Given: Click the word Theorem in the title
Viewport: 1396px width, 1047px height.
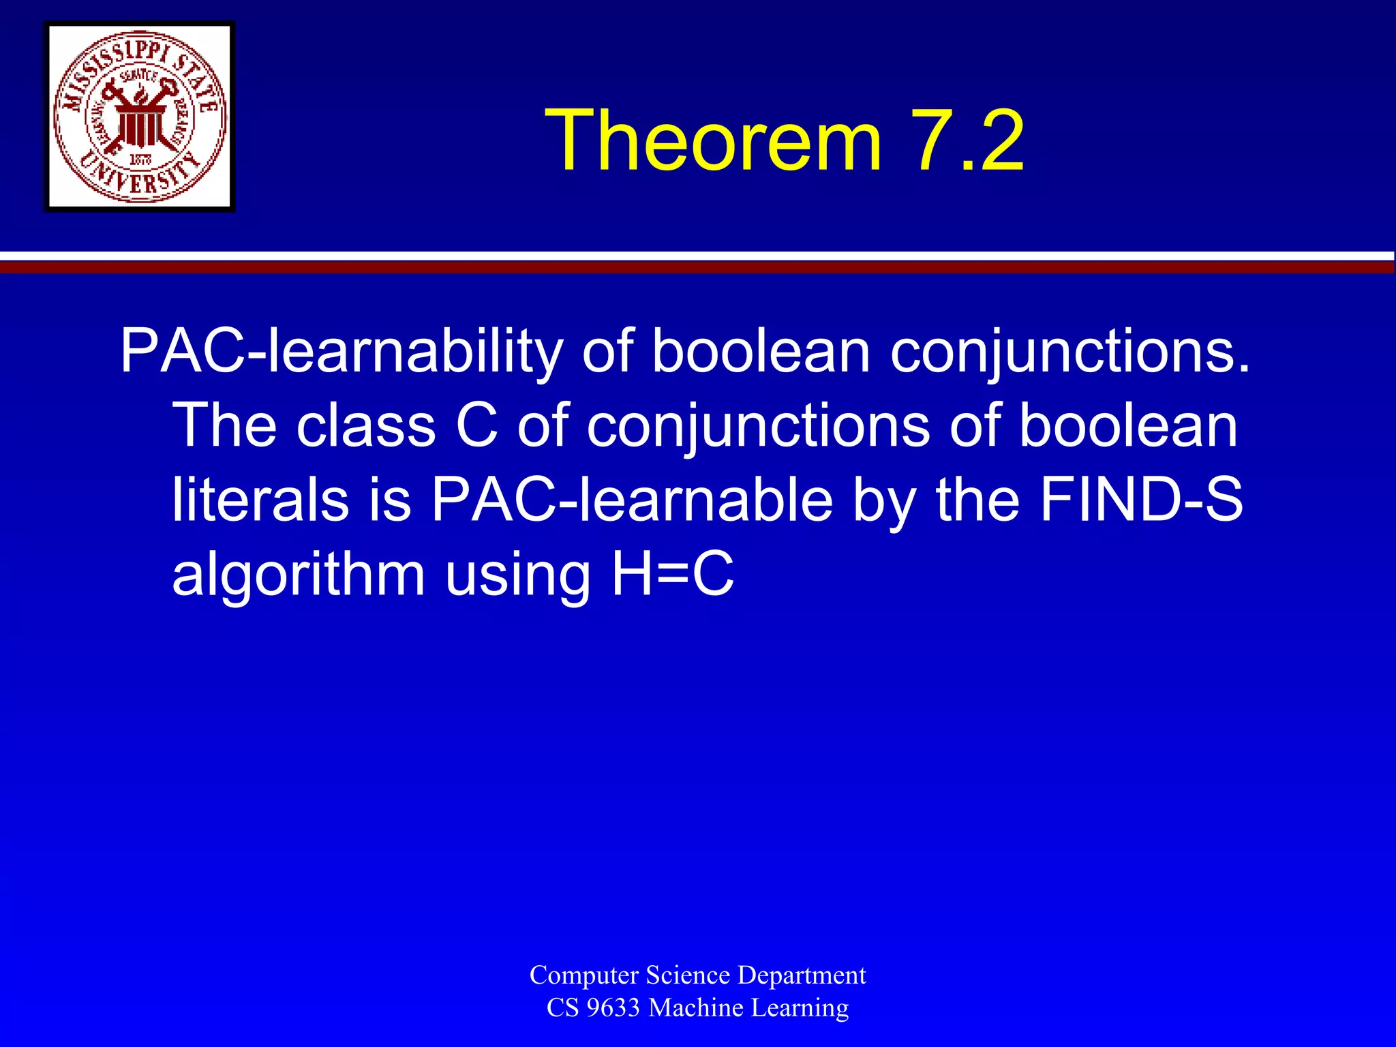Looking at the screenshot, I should click(x=713, y=141).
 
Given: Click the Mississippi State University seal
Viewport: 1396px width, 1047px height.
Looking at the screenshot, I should click(x=140, y=117).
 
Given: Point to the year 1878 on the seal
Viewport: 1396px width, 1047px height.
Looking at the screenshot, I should click(x=140, y=160).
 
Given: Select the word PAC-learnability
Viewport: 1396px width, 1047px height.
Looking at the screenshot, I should click(x=341, y=353).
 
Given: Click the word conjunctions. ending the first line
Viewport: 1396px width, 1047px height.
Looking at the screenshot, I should click(x=1070, y=353).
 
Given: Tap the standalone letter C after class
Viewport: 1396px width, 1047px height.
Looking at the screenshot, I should click(x=476, y=426).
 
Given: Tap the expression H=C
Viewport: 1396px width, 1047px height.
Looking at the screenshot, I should click(x=672, y=573).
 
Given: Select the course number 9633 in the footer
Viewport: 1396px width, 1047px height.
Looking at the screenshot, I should click(x=612, y=1007).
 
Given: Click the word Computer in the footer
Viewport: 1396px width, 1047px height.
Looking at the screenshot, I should click(x=584, y=975).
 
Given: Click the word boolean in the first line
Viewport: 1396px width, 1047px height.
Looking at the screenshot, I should click(x=761, y=353).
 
